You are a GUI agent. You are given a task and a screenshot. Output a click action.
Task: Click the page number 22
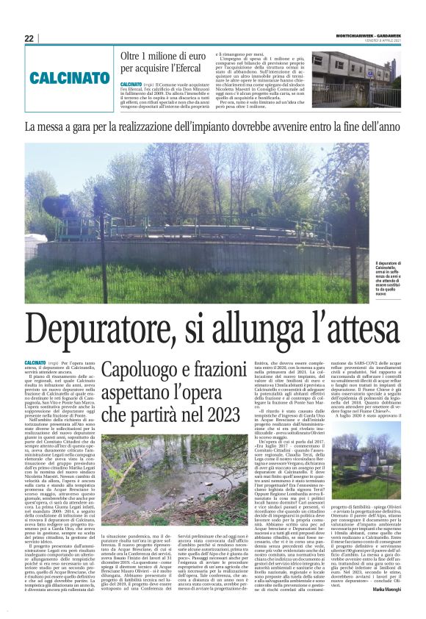click(x=29, y=38)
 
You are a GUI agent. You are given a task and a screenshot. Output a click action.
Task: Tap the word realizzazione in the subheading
click(x=158, y=127)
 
